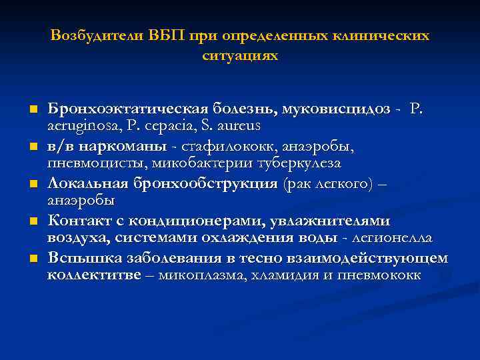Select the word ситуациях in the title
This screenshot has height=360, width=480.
[x=239, y=57]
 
